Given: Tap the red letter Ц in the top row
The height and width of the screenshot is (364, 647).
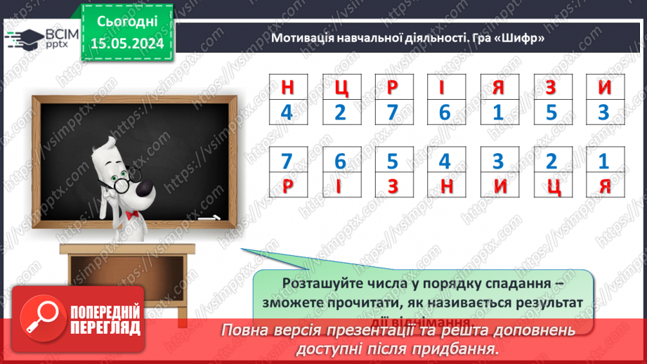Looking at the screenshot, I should coord(340,88).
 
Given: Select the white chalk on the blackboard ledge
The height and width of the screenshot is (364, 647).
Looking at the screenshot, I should coord(209,219).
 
